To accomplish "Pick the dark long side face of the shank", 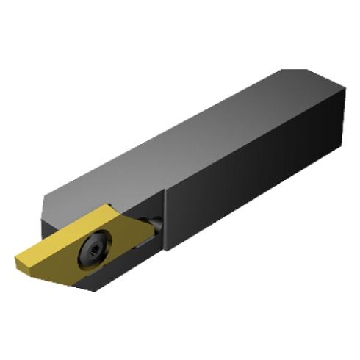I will (x=257, y=191).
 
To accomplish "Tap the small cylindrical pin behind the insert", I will (x=156, y=222).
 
